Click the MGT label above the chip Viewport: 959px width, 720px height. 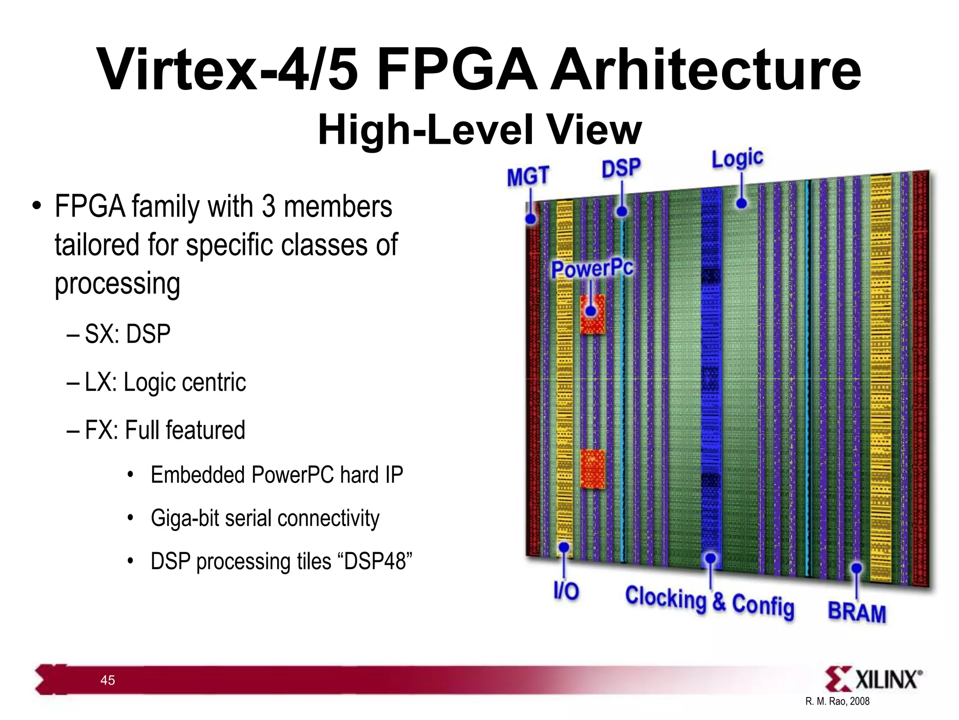click(x=528, y=177)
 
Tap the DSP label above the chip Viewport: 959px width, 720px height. click(x=621, y=168)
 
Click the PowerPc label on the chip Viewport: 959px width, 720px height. click(x=592, y=269)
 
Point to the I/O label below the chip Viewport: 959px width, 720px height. click(x=566, y=591)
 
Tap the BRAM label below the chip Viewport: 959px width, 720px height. click(x=857, y=612)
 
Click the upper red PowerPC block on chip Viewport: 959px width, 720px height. click(x=592, y=315)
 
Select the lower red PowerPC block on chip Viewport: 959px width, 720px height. click(x=592, y=469)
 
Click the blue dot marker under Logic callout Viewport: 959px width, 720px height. click(x=741, y=203)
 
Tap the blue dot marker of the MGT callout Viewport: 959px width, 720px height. click(x=531, y=219)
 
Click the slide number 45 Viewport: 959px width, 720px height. click(x=108, y=680)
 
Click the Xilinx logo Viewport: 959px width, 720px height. click(x=873, y=679)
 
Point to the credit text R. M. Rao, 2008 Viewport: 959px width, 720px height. click(x=837, y=701)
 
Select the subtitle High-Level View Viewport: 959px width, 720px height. click(x=479, y=130)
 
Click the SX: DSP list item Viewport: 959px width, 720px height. click(x=127, y=334)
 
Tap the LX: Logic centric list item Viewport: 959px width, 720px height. click(x=165, y=382)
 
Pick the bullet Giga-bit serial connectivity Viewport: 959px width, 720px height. click(x=265, y=518)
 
